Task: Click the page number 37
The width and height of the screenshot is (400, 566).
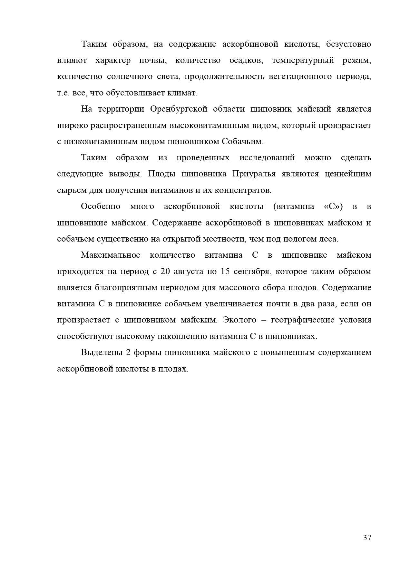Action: click(367, 538)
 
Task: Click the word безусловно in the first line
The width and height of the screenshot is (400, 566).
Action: click(349, 44)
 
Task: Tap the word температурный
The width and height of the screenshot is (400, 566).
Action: click(303, 60)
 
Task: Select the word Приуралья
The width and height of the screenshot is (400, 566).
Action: click(254, 174)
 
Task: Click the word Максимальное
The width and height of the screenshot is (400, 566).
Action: click(111, 255)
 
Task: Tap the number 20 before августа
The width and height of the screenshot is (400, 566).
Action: click(165, 272)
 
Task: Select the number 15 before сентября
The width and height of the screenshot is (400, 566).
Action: click(225, 272)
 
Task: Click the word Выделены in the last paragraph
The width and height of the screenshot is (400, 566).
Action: click(101, 353)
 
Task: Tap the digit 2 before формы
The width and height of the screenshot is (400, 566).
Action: click(128, 353)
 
